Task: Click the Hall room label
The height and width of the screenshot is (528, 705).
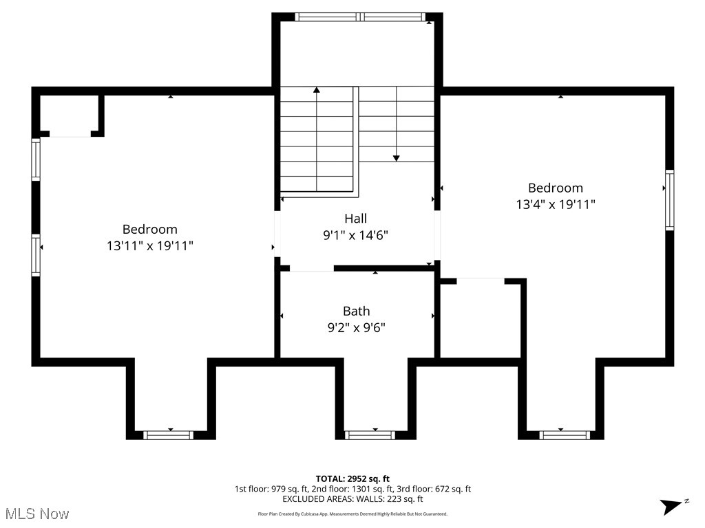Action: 355,219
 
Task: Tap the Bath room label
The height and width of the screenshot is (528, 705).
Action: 356,311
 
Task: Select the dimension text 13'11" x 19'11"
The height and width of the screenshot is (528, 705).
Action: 149,245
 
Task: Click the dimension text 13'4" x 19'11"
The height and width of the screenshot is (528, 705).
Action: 555,204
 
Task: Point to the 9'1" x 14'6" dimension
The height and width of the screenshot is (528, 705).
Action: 355,235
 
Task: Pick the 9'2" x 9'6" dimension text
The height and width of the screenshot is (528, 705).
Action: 356,328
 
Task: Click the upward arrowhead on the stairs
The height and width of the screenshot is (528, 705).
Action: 317,90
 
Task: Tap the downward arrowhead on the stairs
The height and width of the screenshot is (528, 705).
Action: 397,157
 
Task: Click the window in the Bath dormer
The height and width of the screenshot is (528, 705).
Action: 370,434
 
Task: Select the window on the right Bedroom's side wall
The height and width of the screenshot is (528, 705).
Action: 669,199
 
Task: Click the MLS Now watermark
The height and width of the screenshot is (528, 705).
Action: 37,514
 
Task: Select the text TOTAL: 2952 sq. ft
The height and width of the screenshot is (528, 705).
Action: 352,478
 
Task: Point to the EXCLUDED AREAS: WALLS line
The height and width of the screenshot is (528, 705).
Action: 352,499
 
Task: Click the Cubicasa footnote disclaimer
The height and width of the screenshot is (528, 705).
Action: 352,514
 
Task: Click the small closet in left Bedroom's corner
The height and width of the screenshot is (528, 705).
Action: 69,114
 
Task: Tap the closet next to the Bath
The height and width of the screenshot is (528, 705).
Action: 480,319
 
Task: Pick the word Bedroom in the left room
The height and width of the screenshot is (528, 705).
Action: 149,229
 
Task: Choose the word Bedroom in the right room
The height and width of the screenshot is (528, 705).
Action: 555,188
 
